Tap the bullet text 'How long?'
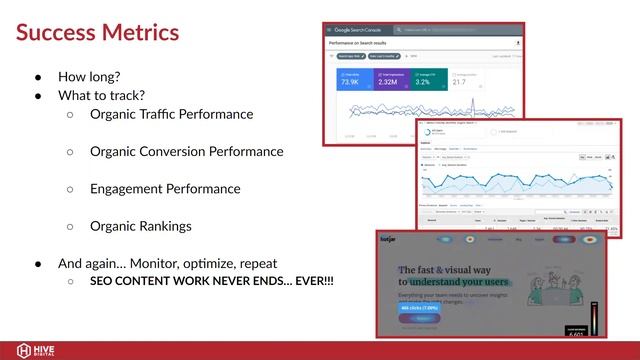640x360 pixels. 89,76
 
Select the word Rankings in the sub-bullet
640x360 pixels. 165,226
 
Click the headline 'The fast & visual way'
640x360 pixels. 446,270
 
